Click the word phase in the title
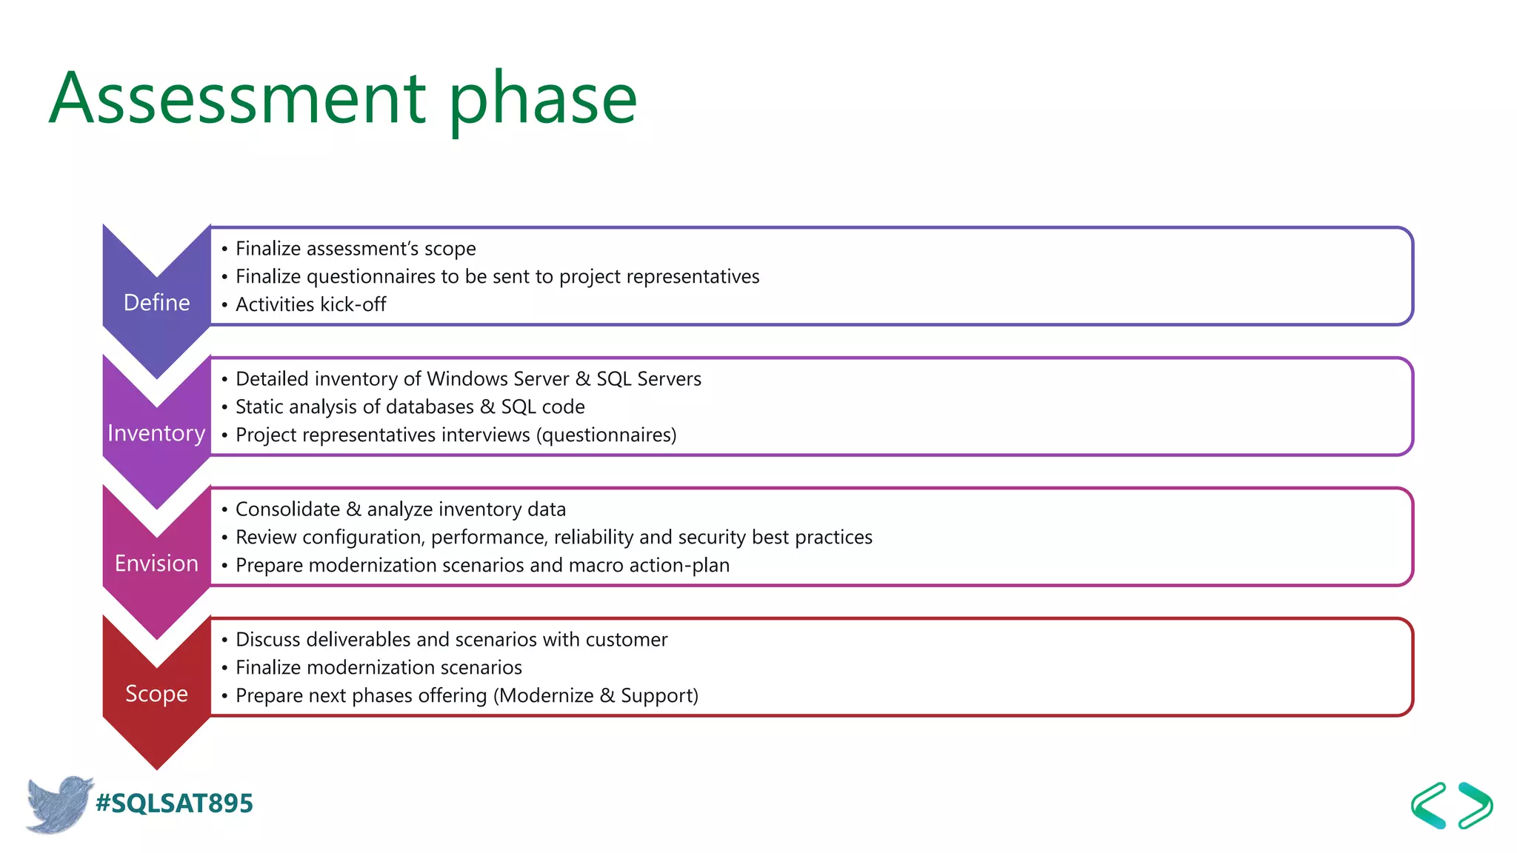click(542, 98)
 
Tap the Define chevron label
click(156, 302)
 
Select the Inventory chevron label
click(156, 432)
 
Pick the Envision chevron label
click(156, 563)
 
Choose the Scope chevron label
click(156, 693)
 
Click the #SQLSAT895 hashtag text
click(174, 803)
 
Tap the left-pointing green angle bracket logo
click(1429, 805)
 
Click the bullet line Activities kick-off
click(310, 304)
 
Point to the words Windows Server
click(498, 379)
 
